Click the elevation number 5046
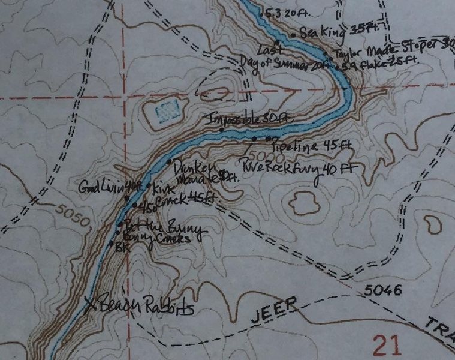[x=382, y=291]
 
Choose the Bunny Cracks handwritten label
[x=157, y=239]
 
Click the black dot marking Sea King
[x=293, y=35]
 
